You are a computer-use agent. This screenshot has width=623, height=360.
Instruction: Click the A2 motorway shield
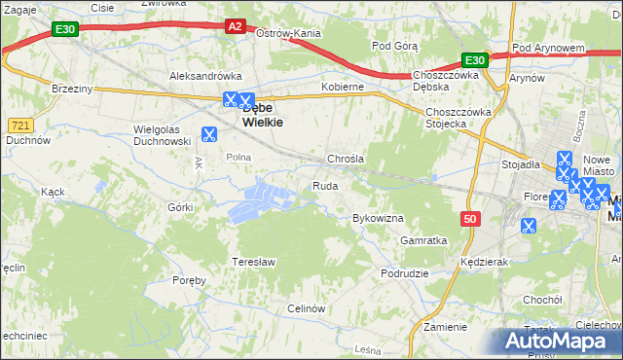235,27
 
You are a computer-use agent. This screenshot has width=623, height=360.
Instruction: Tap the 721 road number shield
20,126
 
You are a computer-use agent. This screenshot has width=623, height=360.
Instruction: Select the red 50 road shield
471,219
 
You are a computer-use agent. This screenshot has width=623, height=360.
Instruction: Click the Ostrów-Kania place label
288,33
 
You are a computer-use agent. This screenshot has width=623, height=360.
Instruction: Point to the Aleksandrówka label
205,75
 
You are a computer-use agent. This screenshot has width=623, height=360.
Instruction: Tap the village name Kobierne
343,87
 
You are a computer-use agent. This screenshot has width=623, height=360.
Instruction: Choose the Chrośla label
345,159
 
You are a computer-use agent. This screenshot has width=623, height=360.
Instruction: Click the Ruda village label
325,185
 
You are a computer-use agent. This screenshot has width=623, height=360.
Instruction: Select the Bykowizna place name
378,218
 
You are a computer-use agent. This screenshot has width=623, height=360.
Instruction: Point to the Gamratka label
423,239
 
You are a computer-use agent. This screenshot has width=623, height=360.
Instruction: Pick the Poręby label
189,280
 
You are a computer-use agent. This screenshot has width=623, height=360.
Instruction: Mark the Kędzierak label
486,263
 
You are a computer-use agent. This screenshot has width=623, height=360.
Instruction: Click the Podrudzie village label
405,273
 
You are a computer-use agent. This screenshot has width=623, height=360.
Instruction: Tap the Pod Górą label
395,46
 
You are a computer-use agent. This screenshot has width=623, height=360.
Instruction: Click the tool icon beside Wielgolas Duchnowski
208,135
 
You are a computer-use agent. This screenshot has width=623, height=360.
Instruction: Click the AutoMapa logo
562,342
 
